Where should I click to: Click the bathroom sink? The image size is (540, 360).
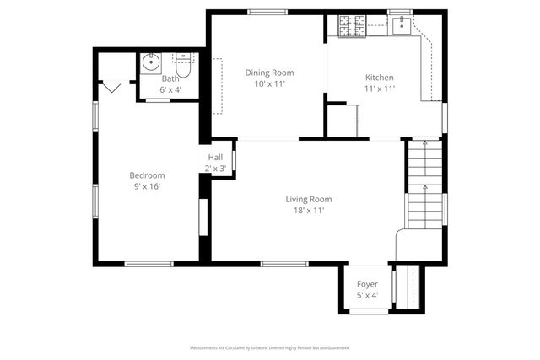point(152,62)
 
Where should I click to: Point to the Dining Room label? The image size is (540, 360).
point(269,73)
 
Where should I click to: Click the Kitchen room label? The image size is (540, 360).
point(379,78)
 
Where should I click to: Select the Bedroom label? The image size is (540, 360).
point(146,175)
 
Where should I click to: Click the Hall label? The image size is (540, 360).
point(216,157)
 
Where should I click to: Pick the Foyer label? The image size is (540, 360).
point(367,285)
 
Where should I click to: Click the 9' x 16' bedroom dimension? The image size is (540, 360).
point(146,186)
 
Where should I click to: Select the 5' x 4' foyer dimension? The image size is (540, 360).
point(367,296)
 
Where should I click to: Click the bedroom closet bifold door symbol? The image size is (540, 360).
point(112,84)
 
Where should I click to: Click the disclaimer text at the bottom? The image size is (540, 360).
point(269,347)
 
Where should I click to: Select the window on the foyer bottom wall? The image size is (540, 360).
point(367,312)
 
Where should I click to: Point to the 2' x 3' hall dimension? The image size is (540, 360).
point(216,168)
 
